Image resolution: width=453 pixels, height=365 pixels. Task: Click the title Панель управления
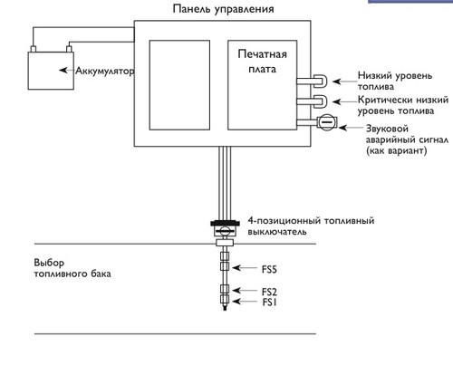pyautogui.click(x=223, y=9)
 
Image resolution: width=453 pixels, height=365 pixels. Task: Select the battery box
pyautogui.click(x=51, y=71)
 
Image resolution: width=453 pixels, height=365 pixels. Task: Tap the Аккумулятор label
pyautogui.click(x=104, y=72)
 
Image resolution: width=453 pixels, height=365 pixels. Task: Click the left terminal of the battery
pyautogui.click(x=34, y=49)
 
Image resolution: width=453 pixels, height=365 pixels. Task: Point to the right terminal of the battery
pyautogui.click(x=69, y=49)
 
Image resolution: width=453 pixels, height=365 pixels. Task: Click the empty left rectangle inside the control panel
pyautogui.click(x=179, y=85)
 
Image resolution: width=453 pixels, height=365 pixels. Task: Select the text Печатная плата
pyautogui.click(x=262, y=62)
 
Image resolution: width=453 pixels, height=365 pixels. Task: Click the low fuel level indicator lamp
pyautogui.click(x=320, y=82)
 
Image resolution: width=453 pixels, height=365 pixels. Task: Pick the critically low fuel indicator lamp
pyautogui.click(x=320, y=101)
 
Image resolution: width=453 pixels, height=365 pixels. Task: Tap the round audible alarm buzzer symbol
pyautogui.click(x=326, y=122)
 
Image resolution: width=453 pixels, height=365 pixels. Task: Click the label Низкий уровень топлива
pyautogui.click(x=395, y=81)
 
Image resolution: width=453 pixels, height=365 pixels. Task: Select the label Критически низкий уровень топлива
pyautogui.click(x=403, y=105)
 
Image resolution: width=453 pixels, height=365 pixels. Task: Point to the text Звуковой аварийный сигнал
pyautogui.click(x=407, y=134)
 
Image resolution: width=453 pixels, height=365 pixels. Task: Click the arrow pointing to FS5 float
pyautogui.click(x=245, y=268)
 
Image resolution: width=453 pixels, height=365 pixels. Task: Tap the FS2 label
pyautogui.click(x=269, y=292)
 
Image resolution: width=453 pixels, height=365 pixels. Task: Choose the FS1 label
pyautogui.click(x=269, y=302)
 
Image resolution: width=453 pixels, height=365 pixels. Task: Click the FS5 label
pyautogui.click(x=269, y=269)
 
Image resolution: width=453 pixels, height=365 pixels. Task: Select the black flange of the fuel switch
pyautogui.click(x=225, y=224)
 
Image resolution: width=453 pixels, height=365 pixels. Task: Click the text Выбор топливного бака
pyautogui.click(x=72, y=268)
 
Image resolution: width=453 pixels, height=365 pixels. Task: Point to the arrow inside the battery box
pyautogui.click(x=67, y=70)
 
